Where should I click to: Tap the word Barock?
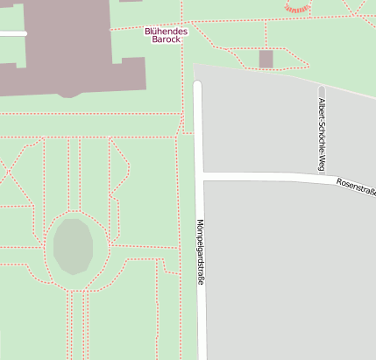click(166, 39)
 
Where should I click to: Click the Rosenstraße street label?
click(355, 186)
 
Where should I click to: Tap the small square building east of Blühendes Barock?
click(266, 59)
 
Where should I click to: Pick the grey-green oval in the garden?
click(72, 246)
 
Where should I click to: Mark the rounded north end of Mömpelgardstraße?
click(197, 84)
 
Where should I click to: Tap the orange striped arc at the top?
click(298, 9)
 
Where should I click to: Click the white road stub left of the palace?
click(12, 33)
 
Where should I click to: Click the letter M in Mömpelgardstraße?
click(200, 222)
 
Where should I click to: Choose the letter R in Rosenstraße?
click(338, 182)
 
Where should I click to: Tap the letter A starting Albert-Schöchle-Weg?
click(322, 100)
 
